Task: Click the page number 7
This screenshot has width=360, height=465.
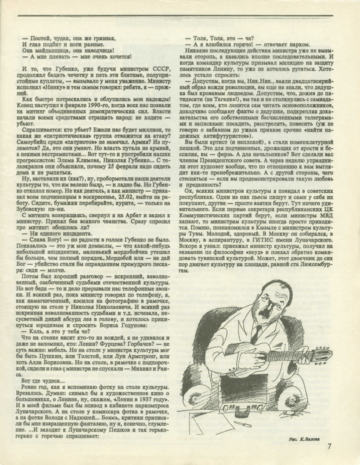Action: coord(329,446)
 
